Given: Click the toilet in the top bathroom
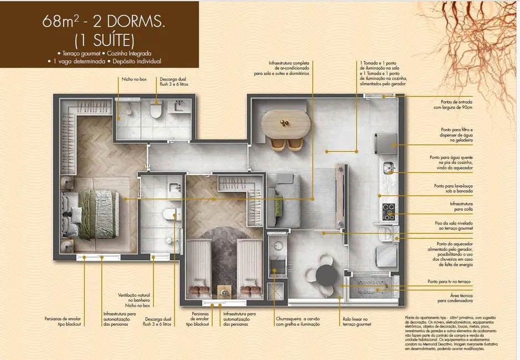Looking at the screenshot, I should click(x=156, y=111).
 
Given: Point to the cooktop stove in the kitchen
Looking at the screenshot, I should click(x=388, y=212).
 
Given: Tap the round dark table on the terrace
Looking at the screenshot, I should click(x=327, y=275).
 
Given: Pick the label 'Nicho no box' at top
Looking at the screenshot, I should click(x=134, y=79).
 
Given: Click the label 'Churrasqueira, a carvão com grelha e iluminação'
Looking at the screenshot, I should click(x=298, y=322).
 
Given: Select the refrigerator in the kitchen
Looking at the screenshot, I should click(x=385, y=143).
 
